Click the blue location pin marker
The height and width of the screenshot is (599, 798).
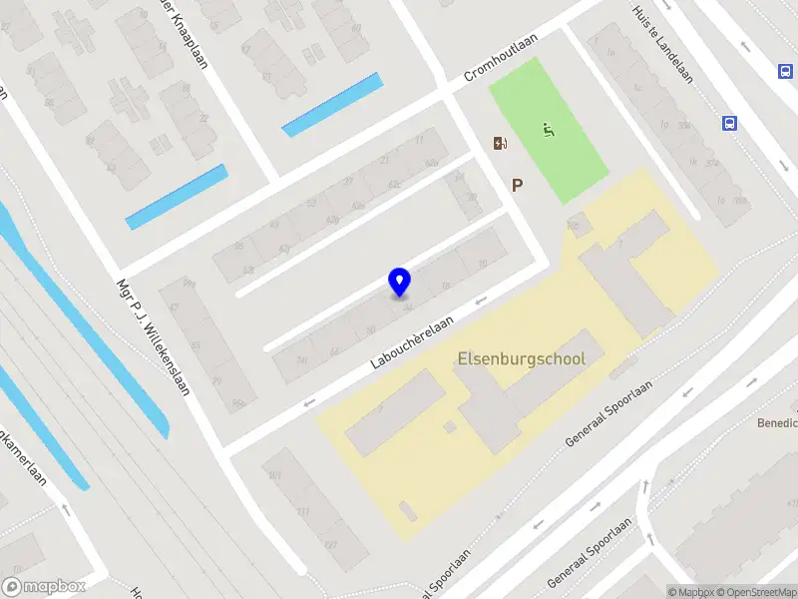click(x=399, y=282)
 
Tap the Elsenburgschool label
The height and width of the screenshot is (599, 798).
click(x=521, y=358)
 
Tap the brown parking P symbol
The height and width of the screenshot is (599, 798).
click(x=517, y=185)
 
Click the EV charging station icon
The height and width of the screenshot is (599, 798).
click(x=500, y=144)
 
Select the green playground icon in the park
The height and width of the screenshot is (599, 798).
click(x=547, y=130)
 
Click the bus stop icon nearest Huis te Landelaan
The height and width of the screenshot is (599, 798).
click(x=730, y=124)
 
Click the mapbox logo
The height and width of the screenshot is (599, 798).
click(x=44, y=586)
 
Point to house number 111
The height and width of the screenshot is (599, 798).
click(x=302, y=512)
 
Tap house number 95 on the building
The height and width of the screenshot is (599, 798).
click(x=239, y=245)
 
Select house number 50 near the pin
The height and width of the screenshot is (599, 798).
click(x=371, y=329)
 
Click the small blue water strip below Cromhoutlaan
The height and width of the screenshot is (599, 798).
click(x=332, y=104)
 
